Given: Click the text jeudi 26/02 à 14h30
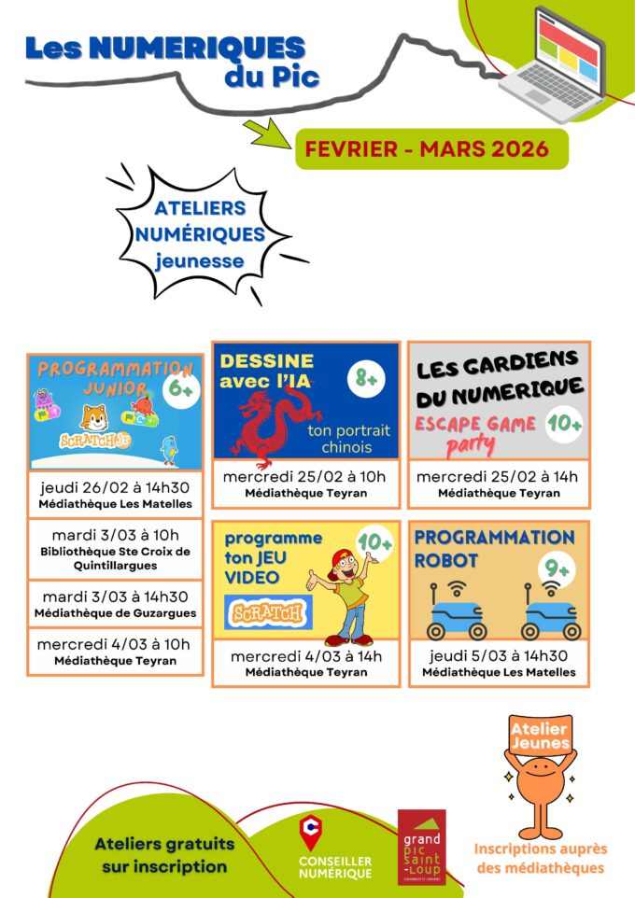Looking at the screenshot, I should pos(115,487).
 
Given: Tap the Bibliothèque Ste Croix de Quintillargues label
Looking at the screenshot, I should pos(115,558).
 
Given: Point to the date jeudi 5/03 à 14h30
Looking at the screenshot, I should pos(499,655).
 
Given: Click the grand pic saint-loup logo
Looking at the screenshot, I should pos(422,846).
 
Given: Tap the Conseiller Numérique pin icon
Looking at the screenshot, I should pos(309,832).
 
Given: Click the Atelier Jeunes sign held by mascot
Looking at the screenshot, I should pos(539,735).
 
